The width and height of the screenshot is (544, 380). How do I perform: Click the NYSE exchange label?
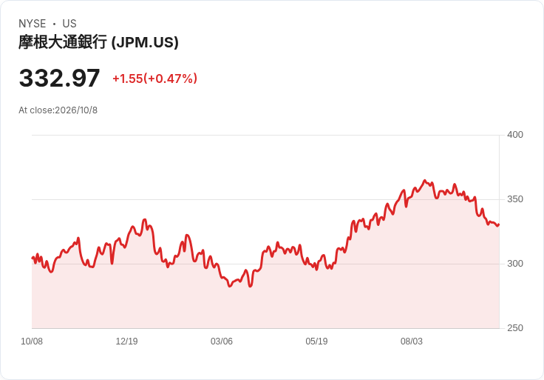(x=33, y=24)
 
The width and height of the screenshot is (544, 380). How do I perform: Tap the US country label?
(x=69, y=24)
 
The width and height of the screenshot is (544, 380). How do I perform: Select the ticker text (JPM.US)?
(x=145, y=42)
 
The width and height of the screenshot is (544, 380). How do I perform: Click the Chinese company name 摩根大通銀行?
(x=63, y=42)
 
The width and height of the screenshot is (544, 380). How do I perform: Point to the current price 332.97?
(x=59, y=78)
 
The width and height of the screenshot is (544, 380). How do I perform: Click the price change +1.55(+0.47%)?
(x=154, y=79)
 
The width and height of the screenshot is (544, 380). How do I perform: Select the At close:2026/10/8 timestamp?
(x=58, y=110)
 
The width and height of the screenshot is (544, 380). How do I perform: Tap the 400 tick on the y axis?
(x=515, y=135)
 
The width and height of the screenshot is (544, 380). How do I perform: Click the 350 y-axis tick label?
(x=515, y=199)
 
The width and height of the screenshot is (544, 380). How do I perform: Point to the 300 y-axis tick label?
(x=515, y=264)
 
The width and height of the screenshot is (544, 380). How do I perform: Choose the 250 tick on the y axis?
(x=515, y=328)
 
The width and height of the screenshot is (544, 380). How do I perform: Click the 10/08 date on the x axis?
(x=32, y=341)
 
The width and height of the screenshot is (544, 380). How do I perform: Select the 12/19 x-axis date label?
(x=126, y=341)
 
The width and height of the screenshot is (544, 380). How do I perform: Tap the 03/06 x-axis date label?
(x=221, y=341)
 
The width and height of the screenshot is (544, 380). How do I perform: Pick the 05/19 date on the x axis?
(x=316, y=341)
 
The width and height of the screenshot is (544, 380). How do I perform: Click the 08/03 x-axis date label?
(x=412, y=341)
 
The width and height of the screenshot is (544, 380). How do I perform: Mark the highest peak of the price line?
(x=425, y=181)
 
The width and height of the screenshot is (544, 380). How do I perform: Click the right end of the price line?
(x=499, y=224)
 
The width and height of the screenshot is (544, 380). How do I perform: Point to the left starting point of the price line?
(x=33, y=258)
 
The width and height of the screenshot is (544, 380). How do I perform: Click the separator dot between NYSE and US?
(x=54, y=24)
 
